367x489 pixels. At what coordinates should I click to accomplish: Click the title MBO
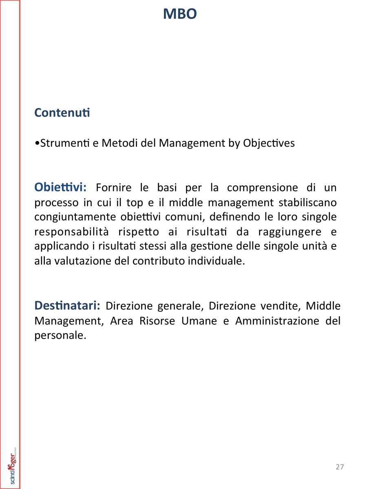point(180,14)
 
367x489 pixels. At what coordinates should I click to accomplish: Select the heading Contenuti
point(62,112)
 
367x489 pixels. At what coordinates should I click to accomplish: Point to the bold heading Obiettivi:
point(60,187)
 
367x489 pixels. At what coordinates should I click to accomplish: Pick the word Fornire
point(114,188)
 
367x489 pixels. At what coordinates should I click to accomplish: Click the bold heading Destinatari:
point(67,305)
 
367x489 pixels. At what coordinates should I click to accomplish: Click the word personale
point(60,336)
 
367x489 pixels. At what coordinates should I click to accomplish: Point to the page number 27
point(340,467)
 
